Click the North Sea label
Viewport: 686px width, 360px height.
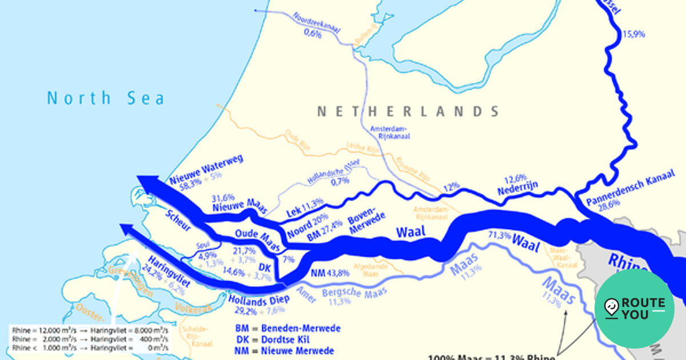105,98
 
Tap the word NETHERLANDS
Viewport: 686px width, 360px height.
408,111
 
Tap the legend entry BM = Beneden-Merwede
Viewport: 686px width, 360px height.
288,329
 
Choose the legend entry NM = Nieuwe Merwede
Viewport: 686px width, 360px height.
284,351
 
